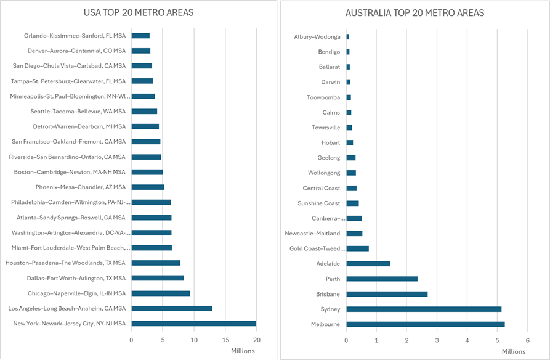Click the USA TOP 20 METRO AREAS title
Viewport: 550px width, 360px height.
138,13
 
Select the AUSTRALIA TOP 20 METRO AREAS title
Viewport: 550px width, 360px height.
415,13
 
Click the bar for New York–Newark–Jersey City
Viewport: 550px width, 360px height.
193,324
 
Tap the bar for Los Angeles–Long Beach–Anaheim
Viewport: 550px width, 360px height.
172,308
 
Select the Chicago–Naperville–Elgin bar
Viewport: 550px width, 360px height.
161,293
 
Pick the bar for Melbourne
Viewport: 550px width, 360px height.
425,324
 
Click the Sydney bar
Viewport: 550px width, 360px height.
424,309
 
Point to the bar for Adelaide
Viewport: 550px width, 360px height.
368,263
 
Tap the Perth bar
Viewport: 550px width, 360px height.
382,279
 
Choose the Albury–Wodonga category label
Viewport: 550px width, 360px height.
317,37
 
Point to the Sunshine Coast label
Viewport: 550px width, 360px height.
318,203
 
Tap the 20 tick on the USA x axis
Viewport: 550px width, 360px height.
257,340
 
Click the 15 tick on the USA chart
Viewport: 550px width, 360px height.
225,340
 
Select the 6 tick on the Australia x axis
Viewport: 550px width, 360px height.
527,340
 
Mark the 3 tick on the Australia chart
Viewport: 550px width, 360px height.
437,340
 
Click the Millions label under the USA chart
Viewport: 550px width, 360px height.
242,351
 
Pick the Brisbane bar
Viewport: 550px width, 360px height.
387,293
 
